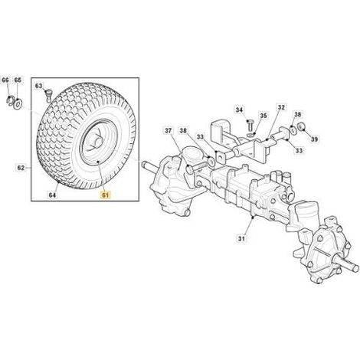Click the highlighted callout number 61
tap(106, 195)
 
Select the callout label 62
tap(21, 168)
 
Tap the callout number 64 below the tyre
tap(52, 195)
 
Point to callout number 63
tap(39, 86)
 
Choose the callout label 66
tap(5, 80)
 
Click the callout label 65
tap(18, 80)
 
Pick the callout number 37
tap(168, 131)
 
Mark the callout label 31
tap(241, 239)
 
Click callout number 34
tap(239, 110)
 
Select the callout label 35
tap(263, 116)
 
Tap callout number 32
tap(281, 107)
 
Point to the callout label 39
tap(315, 139)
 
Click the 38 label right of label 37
tap(183, 131)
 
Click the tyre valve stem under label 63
tap(48, 95)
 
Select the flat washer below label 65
tap(18, 103)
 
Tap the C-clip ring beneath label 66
tap(9, 100)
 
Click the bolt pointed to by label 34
tap(250, 125)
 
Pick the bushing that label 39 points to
tap(303, 126)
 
